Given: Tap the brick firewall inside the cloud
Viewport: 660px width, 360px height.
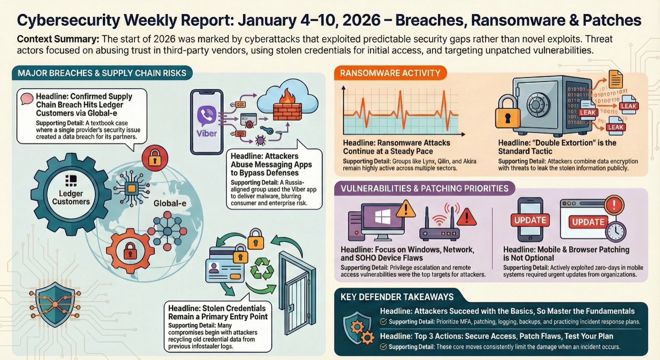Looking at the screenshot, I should pos(288,108).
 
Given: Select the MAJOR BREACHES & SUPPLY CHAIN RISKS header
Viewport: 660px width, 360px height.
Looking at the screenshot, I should pos(102,73).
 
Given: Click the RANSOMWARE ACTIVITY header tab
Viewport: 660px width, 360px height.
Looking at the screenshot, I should pos(390,73).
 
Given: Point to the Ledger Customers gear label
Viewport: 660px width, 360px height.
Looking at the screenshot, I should pos(71,198).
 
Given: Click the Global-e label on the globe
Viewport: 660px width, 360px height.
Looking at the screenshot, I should pos(170,203).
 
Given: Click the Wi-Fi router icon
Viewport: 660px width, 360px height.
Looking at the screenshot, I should pos(440,228).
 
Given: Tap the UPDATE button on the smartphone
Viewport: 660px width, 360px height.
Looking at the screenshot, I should pos(530,220).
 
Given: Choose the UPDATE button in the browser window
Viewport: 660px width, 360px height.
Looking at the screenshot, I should pos(588,222).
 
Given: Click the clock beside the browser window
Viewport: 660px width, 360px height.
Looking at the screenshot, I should pos(616,231).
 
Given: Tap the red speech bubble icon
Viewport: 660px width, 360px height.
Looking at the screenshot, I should pos(27,98).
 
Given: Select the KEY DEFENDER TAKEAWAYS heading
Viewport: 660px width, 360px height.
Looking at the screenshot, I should pos(397,297).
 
